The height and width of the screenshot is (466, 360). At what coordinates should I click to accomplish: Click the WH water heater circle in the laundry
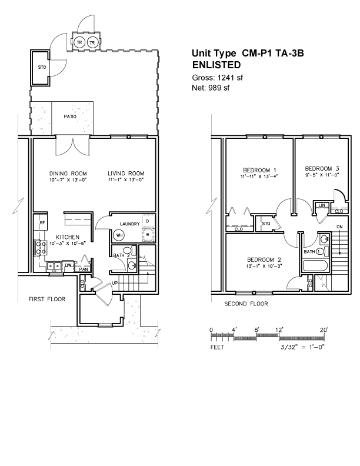(x=119, y=235)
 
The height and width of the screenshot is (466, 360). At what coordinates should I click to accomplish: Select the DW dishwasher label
(x=68, y=265)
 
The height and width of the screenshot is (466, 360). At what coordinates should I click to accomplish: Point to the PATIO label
(x=70, y=116)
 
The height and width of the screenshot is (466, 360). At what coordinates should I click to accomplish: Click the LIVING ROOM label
(x=126, y=173)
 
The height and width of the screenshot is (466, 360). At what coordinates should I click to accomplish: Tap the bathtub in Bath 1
(x=315, y=265)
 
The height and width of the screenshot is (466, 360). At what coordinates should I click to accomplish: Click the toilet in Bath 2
(x=129, y=250)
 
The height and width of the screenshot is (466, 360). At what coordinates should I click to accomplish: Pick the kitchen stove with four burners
(x=41, y=248)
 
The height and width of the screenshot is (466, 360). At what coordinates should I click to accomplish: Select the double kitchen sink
(x=54, y=266)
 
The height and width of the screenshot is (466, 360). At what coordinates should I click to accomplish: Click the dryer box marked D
(x=148, y=221)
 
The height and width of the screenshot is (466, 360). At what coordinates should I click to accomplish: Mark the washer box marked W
(x=148, y=235)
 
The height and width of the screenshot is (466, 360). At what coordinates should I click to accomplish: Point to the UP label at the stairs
(x=115, y=282)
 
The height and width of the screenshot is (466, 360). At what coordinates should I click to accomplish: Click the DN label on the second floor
(x=339, y=227)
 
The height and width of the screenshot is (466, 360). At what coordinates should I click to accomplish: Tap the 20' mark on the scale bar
(x=324, y=329)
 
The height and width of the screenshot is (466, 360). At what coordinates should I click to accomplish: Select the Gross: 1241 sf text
(x=218, y=78)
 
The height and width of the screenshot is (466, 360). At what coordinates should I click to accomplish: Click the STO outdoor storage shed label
(x=42, y=68)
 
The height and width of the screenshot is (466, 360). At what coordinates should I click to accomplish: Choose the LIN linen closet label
(x=322, y=205)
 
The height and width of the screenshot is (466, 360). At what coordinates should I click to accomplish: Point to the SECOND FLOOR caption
(x=246, y=304)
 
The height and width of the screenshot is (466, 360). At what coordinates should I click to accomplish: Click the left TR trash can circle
(x=79, y=42)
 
